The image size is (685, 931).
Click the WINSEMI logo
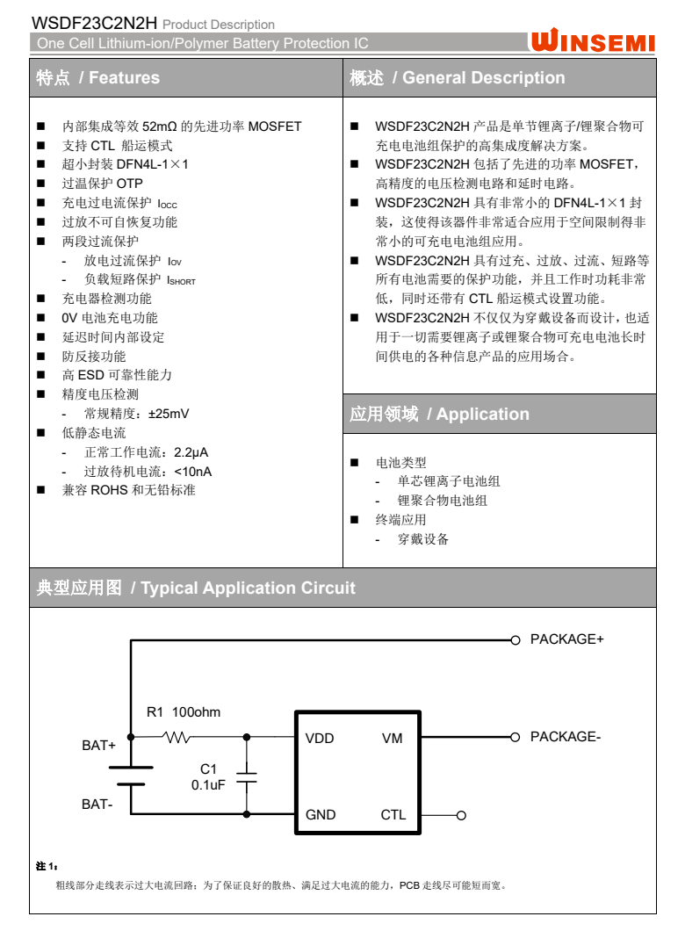pyautogui.click(x=594, y=41)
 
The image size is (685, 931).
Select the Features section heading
pyautogui.click(x=97, y=78)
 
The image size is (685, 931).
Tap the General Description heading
pyautogui.click(x=457, y=78)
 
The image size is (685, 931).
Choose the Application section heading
pyautogui.click(x=439, y=415)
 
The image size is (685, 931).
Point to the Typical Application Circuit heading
pyautogui.click(x=196, y=588)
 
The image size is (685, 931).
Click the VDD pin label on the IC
pyautogui.click(x=320, y=739)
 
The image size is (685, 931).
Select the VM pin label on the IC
pyautogui.click(x=392, y=739)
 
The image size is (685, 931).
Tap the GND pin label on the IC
pyautogui.click(x=321, y=815)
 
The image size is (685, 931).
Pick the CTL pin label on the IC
pyautogui.click(x=393, y=815)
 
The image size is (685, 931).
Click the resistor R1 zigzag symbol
pyautogui.click(x=178, y=738)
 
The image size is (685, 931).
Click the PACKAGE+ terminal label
pyautogui.click(x=566, y=639)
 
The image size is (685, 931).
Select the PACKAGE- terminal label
pyautogui.click(x=565, y=737)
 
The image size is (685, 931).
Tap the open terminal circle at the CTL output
pyautogui.click(x=461, y=815)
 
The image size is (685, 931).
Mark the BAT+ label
pyautogui.click(x=98, y=746)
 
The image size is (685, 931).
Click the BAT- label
pyautogui.click(x=97, y=804)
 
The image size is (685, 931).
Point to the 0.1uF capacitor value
pyautogui.click(x=208, y=785)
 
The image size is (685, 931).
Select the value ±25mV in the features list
pyautogui.click(x=169, y=414)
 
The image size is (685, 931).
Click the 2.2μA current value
pyautogui.click(x=191, y=452)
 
